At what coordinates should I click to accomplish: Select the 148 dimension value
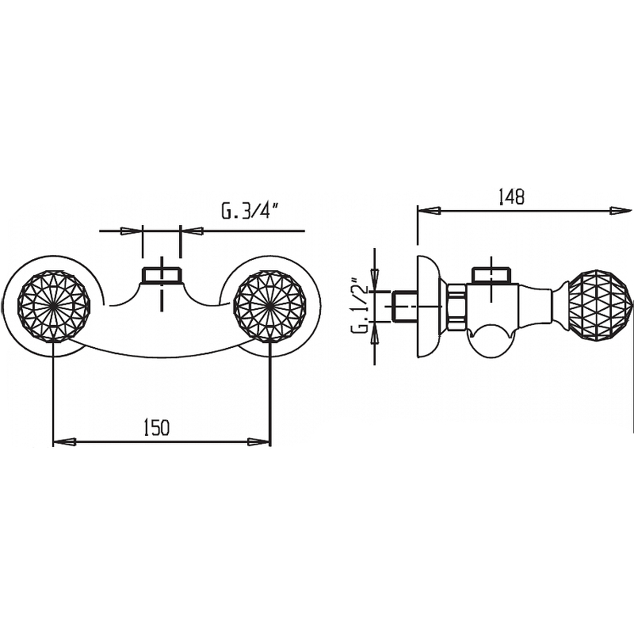(x=511, y=197)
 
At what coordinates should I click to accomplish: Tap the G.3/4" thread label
(x=250, y=211)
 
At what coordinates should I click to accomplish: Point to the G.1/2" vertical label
(x=360, y=305)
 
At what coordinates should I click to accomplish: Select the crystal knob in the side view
(x=600, y=306)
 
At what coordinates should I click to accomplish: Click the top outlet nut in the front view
(x=162, y=275)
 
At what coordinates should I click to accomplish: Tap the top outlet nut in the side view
(x=491, y=275)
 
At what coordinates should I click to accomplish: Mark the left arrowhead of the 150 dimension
(x=65, y=442)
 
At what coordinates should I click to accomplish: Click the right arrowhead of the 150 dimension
(x=259, y=442)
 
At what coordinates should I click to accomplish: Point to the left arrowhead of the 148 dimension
(x=429, y=211)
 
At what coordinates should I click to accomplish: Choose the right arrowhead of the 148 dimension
(x=620, y=211)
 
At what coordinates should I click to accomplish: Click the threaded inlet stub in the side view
(x=404, y=306)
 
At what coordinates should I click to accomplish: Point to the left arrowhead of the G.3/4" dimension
(x=132, y=231)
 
